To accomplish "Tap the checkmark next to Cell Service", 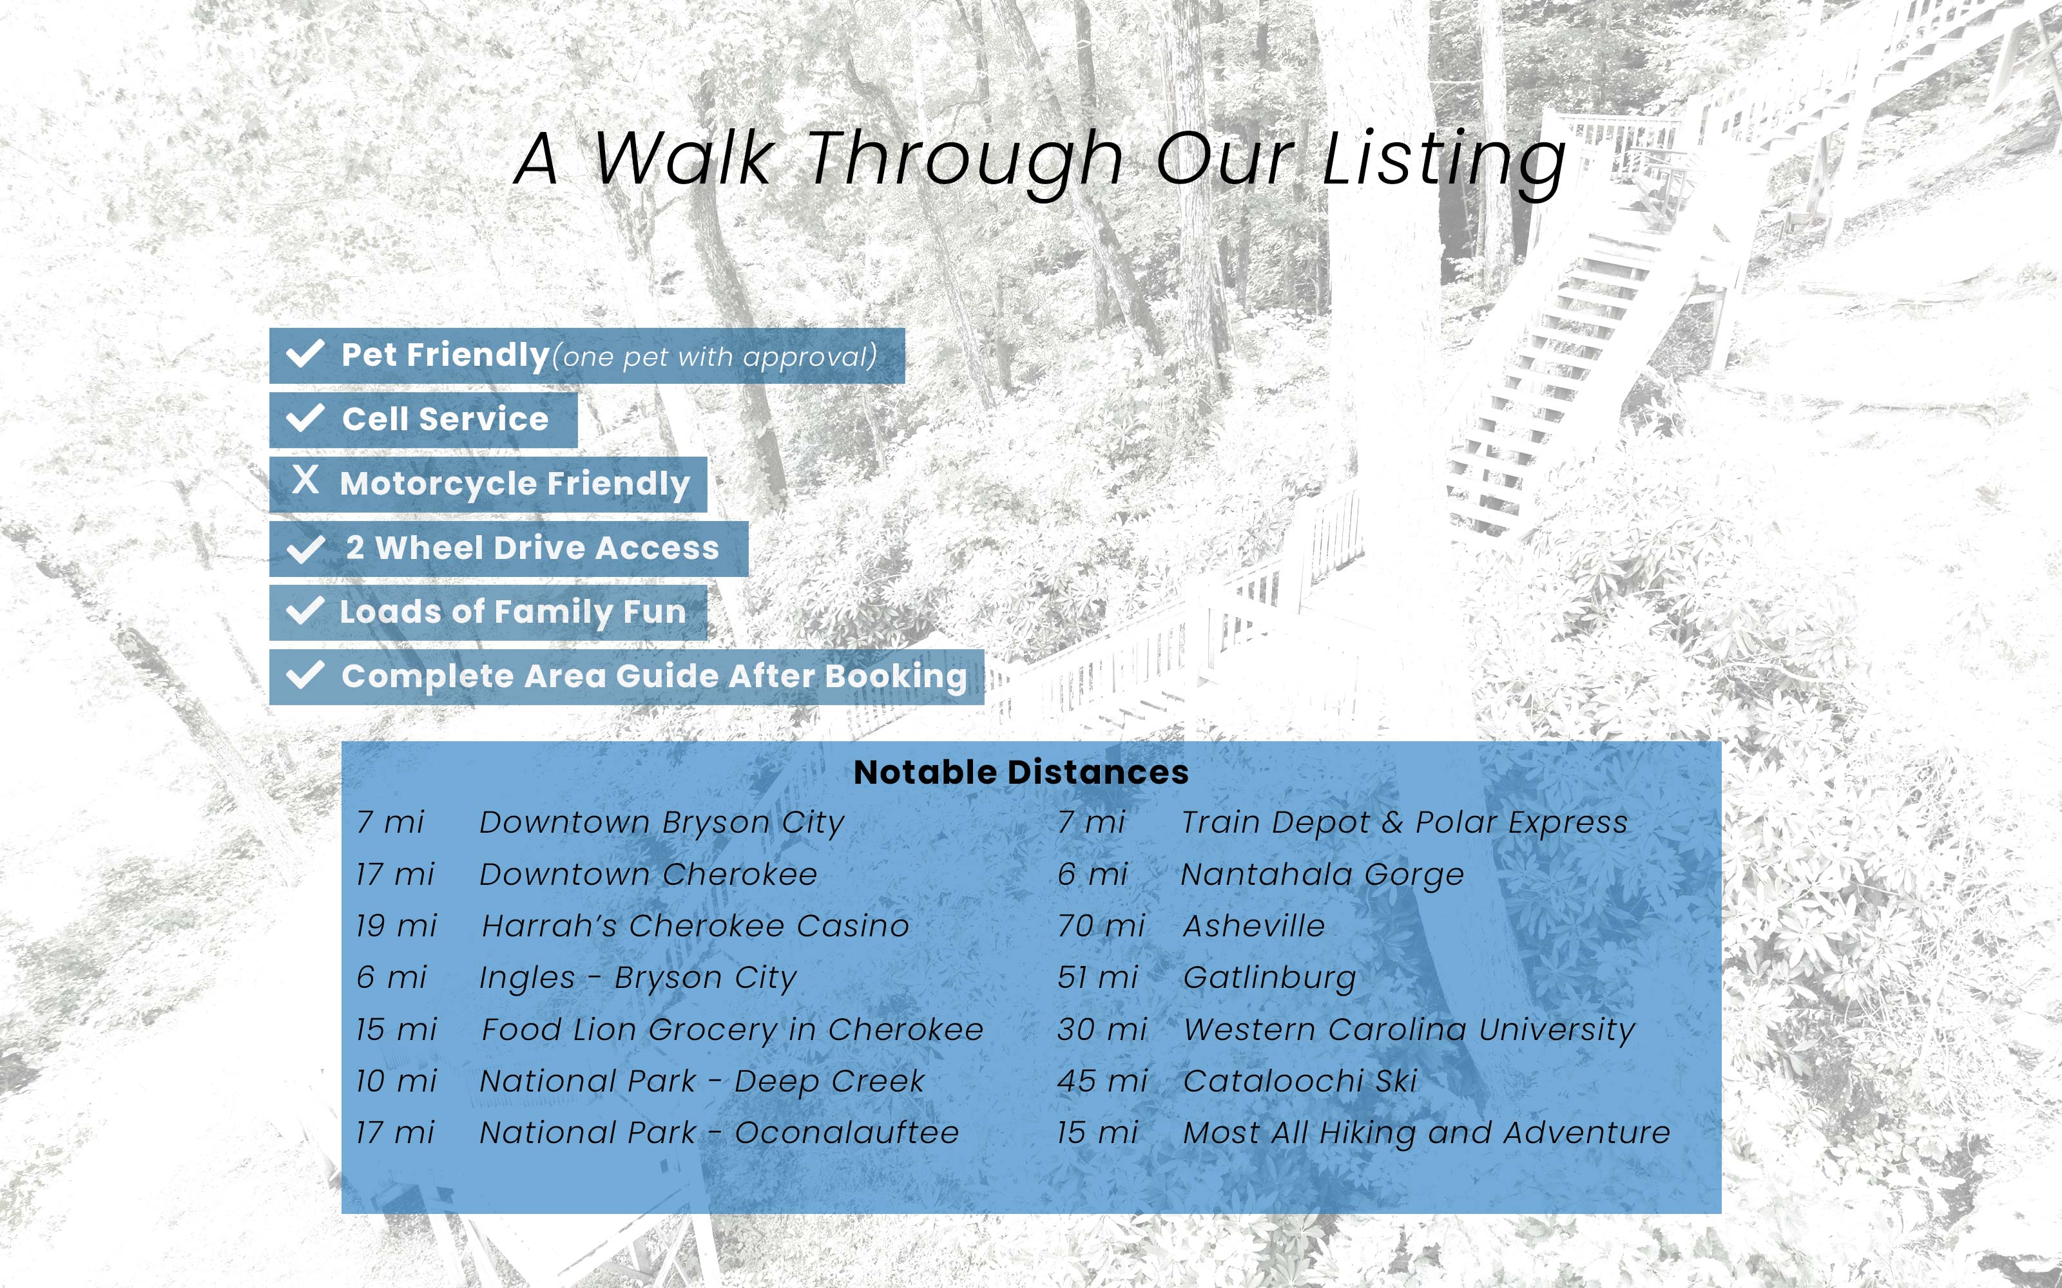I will pos(305,418).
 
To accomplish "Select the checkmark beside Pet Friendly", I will pos(305,354).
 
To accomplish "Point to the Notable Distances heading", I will pos(1021,773).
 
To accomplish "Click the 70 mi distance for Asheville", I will pos(1101,926).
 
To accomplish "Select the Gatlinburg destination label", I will pos(1269,978).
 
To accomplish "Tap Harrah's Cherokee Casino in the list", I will pos(695,926).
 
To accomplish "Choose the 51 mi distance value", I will pos(1097,978).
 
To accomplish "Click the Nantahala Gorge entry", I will pos(1322,875).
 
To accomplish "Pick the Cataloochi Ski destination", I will pos(1300,1081).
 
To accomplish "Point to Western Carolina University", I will pos(1409,1030).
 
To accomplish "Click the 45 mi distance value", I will pos(1103,1081).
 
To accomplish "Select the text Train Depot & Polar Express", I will pos(1404,823).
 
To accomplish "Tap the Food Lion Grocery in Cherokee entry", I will pos(733,1030).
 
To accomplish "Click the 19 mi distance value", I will pos(396,926).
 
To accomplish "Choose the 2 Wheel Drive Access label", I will pos(532,548).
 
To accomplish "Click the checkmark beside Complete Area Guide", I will pos(305,676).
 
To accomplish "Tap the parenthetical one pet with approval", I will pos(714,357).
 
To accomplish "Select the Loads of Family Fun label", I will pos(513,612).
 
